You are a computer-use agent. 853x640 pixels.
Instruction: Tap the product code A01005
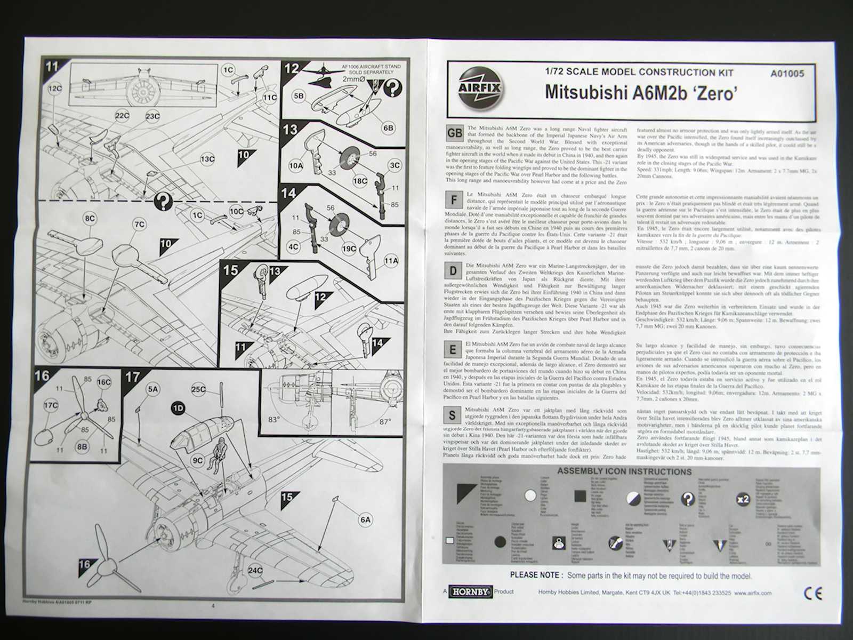tap(787, 74)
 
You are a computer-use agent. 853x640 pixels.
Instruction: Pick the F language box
tap(454, 201)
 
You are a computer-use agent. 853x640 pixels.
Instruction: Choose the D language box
tap(453, 270)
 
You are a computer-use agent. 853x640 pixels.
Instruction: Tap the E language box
tap(453, 349)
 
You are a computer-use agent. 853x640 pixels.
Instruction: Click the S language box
tap(452, 415)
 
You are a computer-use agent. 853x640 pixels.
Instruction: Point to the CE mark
tap(812, 593)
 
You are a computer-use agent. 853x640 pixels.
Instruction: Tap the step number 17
tap(133, 377)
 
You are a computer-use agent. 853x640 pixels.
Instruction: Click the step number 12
tap(291, 68)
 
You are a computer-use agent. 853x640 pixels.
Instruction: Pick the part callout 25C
tap(198, 390)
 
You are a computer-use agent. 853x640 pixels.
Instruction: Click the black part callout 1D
tap(178, 408)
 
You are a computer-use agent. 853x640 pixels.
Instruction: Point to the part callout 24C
tap(255, 571)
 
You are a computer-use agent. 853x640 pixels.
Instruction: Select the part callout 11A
tap(391, 260)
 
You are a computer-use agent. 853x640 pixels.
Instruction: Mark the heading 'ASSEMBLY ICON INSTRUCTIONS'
tap(624, 471)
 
